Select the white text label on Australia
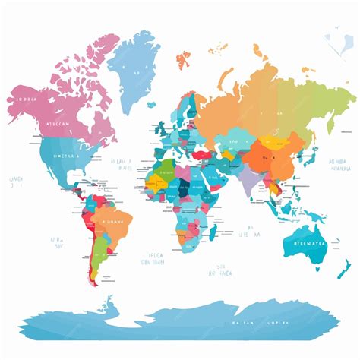[x=308, y=243]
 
